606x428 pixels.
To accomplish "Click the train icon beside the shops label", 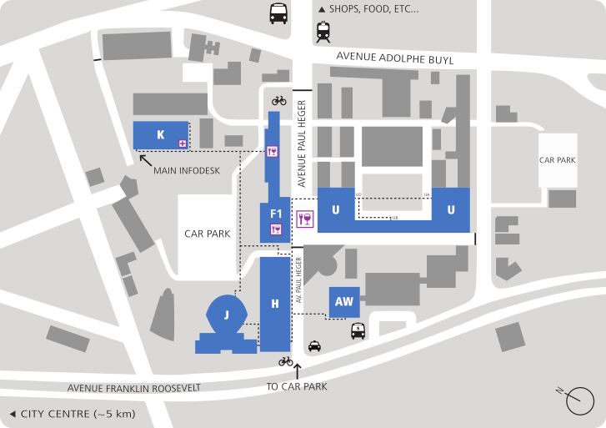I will click(323, 33).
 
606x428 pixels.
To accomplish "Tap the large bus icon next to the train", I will click(278, 13).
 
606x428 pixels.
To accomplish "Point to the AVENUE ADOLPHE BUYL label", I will click(394, 59).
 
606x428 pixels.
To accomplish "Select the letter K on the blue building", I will click(160, 134).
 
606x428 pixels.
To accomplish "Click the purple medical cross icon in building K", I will click(182, 144).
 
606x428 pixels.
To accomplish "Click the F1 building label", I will click(276, 214).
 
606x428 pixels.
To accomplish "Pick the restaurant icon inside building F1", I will click(276, 229).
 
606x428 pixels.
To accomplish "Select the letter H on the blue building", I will click(274, 304).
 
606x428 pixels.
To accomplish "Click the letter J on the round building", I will click(226, 315).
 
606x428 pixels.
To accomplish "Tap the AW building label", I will click(344, 302).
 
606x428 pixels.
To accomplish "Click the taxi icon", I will click(314, 345).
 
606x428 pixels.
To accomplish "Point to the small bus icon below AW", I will click(358, 330).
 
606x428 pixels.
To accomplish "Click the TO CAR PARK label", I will click(297, 386).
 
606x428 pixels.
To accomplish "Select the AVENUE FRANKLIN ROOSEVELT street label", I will click(134, 388).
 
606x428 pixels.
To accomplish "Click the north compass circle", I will click(579, 402).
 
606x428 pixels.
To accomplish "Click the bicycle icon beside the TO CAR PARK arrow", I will click(286, 361).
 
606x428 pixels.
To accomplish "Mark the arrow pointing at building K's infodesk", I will click(144, 159).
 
